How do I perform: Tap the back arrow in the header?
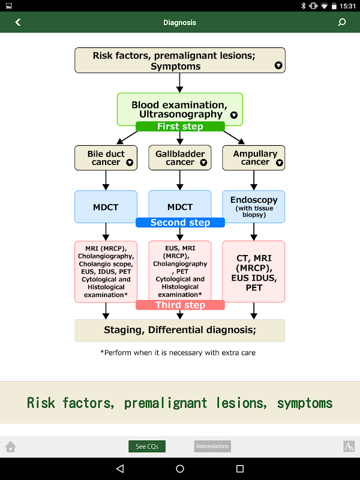[x=18, y=22]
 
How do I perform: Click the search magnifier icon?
[x=342, y=22]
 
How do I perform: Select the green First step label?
[x=180, y=127]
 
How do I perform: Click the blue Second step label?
[x=180, y=223]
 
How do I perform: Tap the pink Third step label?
[x=180, y=305]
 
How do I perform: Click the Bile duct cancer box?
[x=106, y=158]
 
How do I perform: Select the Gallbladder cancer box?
[x=180, y=158]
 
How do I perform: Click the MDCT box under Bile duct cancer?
[x=106, y=207]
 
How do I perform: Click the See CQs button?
[x=147, y=446]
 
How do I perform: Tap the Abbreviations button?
[x=212, y=446]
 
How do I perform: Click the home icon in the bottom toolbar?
[x=10, y=446]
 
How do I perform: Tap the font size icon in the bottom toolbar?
[x=349, y=446]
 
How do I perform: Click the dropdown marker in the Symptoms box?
[x=278, y=65]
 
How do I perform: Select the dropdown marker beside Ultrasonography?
[x=234, y=115]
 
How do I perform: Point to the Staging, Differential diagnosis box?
[x=180, y=330]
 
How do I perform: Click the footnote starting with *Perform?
[x=178, y=353]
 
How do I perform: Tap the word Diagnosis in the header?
[x=180, y=22]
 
